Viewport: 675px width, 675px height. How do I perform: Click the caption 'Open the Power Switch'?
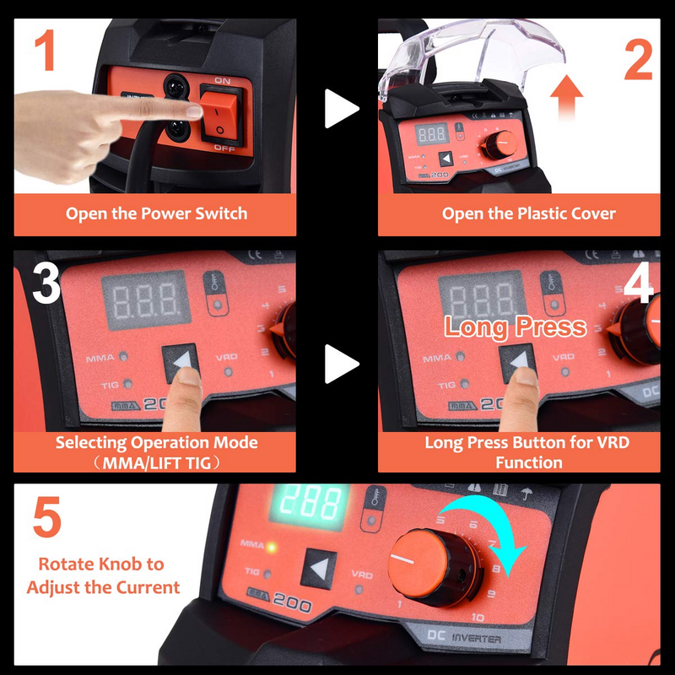(156, 213)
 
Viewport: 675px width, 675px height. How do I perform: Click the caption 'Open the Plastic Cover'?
(517, 213)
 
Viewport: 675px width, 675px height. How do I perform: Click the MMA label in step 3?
(100, 358)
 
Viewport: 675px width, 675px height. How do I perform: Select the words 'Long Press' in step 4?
(515, 327)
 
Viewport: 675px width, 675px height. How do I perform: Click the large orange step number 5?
(46, 520)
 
